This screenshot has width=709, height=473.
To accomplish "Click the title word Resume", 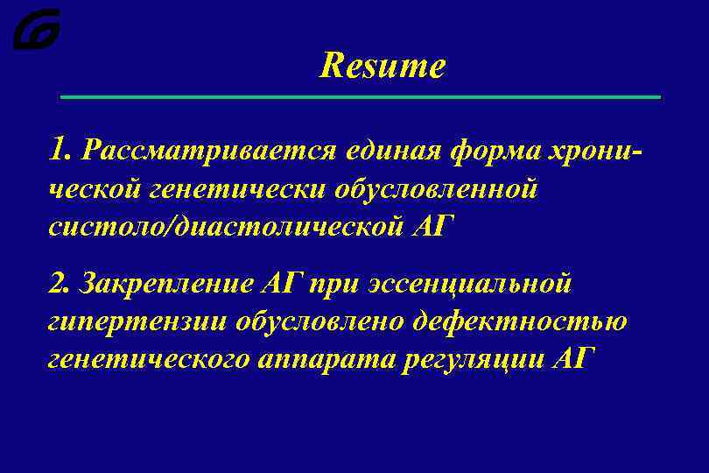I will click(383, 66).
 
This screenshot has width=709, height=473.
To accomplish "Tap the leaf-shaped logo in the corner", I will click(37, 29).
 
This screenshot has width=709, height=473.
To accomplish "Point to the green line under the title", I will click(359, 96).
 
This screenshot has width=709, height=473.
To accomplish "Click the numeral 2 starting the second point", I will click(57, 283).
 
